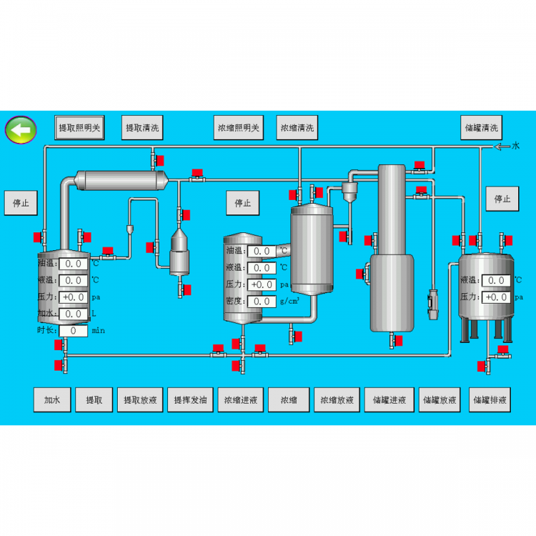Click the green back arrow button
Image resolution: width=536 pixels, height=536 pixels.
pos(21,130)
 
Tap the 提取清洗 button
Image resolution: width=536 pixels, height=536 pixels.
pos(142,129)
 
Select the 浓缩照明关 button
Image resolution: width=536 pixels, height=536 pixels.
pos(238,129)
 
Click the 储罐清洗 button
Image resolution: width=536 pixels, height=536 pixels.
pos(481,129)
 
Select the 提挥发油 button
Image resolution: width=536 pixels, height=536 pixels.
pos(190,400)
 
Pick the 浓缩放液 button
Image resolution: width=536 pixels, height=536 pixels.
pos(337,400)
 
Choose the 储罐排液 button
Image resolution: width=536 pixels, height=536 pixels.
pos(490,400)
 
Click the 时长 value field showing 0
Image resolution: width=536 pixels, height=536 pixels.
pos(74,331)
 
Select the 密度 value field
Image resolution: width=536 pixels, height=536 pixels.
pos(262,302)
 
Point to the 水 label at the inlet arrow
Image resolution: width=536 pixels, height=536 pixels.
pos(516,146)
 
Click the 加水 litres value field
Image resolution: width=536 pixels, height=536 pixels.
pos(74,314)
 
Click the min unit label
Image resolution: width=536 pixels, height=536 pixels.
pos(99,331)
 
